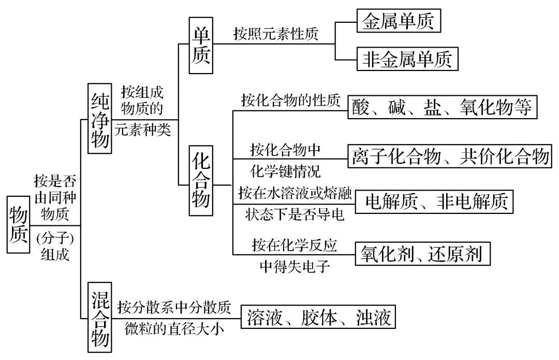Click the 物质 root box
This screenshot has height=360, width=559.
pos(18,225)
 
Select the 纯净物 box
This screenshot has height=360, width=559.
pos(100,119)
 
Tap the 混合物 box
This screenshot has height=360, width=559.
pos(100,318)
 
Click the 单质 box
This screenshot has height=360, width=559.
pos(201,45)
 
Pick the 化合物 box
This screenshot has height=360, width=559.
pos(201,181)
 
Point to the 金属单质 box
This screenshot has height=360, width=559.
pos(399,21)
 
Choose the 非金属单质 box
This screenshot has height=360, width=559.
pos(407,59)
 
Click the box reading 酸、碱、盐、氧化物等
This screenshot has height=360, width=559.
pos(442,107)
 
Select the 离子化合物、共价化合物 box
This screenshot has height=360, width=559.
pos(450,156)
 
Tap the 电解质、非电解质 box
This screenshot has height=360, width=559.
pos(434,201)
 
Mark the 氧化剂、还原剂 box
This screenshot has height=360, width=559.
pos(422,254)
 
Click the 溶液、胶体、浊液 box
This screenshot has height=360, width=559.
pos(318,317)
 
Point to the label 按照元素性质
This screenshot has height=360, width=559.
pos(275,34)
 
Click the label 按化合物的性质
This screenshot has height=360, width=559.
pos(290,100)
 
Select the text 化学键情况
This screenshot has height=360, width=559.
pos(285,171)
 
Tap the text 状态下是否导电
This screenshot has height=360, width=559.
pos(295,214)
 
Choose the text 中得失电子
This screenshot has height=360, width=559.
pos(295,267)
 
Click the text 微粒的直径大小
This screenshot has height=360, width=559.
pos(174,328)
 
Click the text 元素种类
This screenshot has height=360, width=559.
pos(143,130)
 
